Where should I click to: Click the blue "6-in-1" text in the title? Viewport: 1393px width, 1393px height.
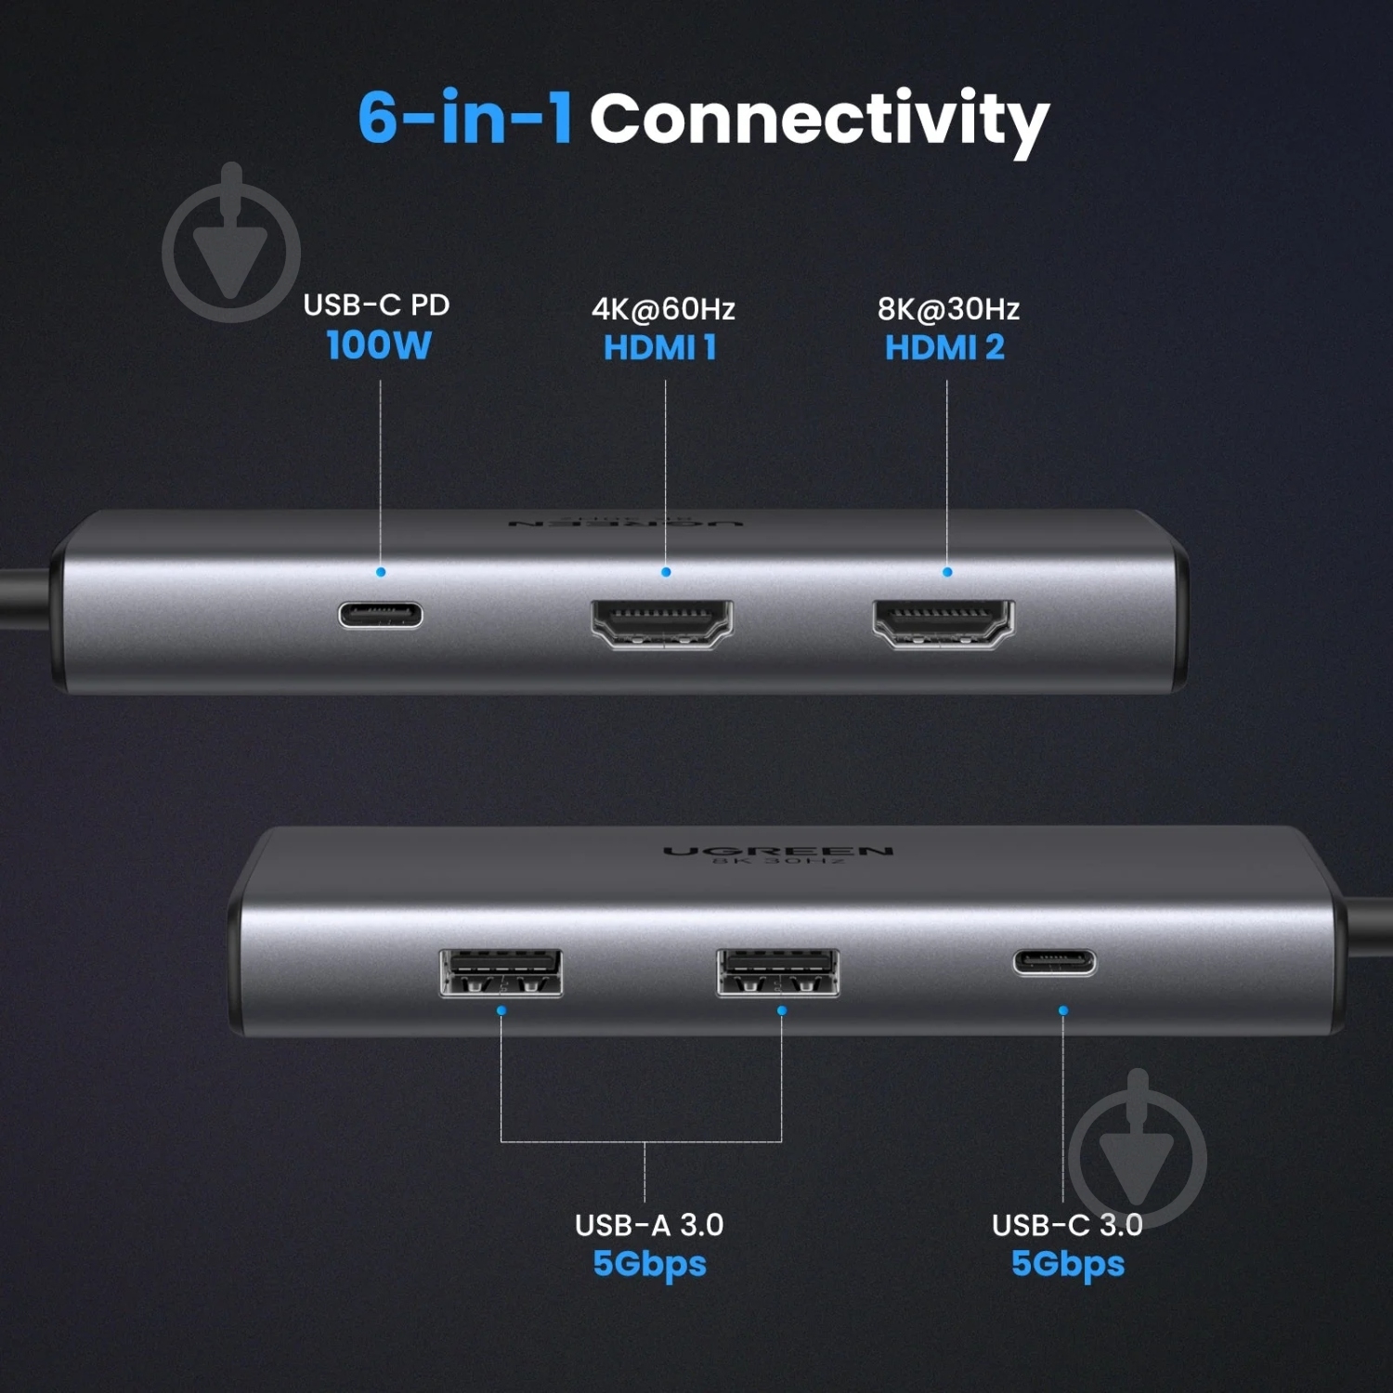click(x=464, y=117)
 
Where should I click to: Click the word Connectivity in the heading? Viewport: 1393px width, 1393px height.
click(x=819, y=123)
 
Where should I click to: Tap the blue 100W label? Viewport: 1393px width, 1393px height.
click(x=379, y=345)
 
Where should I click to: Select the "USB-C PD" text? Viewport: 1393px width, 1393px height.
click(x=376, y=305)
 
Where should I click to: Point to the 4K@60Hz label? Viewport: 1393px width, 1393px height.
click(x=663, y=308)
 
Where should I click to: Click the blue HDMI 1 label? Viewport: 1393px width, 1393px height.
click(x=660, y=348)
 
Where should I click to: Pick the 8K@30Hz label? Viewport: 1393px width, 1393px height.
click(x=948, y=308)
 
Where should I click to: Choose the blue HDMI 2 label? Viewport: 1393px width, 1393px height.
click(x=944, y=348)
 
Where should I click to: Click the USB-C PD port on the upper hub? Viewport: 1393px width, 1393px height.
click(x=381, y=615)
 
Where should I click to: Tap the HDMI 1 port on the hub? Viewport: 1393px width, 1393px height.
click(x=662, y=623)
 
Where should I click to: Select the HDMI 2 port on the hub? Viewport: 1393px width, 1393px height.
click(x=944, y=623)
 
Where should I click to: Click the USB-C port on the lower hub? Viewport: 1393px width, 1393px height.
click(x=1054, y=962)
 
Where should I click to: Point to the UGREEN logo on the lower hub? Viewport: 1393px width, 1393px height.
click(x=778, y=851)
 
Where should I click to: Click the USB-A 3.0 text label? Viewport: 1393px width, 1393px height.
click(x=649, y=1225)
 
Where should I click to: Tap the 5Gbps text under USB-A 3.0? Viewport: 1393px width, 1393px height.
click(x=649, y=1265)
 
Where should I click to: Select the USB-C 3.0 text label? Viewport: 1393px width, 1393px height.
click(x=1067, y=1225)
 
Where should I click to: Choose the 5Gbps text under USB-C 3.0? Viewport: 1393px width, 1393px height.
click(x=1068, y=1265)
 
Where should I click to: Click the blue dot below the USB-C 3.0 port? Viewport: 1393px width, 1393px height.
click(x=1063, y=1010)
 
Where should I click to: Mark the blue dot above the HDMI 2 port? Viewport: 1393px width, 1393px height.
click(x=947, y=572)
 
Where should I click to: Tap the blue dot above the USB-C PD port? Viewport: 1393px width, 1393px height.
click(x=381, y=572)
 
